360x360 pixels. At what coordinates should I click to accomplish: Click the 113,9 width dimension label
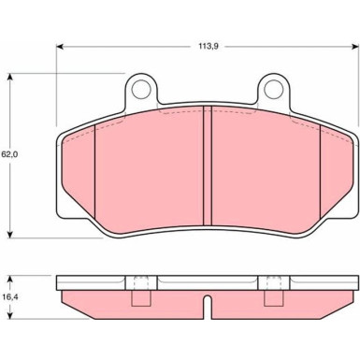209,47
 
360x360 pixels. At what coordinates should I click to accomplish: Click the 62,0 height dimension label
9,154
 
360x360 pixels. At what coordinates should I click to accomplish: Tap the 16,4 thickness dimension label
10,297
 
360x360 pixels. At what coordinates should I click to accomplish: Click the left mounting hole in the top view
141,90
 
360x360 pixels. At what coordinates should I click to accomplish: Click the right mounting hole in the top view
274,90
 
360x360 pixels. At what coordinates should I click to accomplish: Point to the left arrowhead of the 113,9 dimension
60,47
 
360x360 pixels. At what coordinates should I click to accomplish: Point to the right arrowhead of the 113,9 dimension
355,47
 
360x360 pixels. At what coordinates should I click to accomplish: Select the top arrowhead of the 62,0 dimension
10,78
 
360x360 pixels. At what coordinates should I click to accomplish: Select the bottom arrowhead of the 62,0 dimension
10,234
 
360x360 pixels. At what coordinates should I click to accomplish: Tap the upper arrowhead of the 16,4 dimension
10,279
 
